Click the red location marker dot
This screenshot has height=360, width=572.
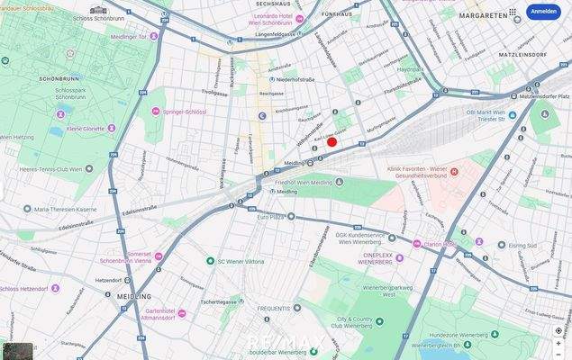click(x=331, y=141)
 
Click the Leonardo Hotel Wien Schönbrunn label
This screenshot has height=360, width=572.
click(x=303, y=21)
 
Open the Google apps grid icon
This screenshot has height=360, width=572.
click(x=513, y=12)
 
